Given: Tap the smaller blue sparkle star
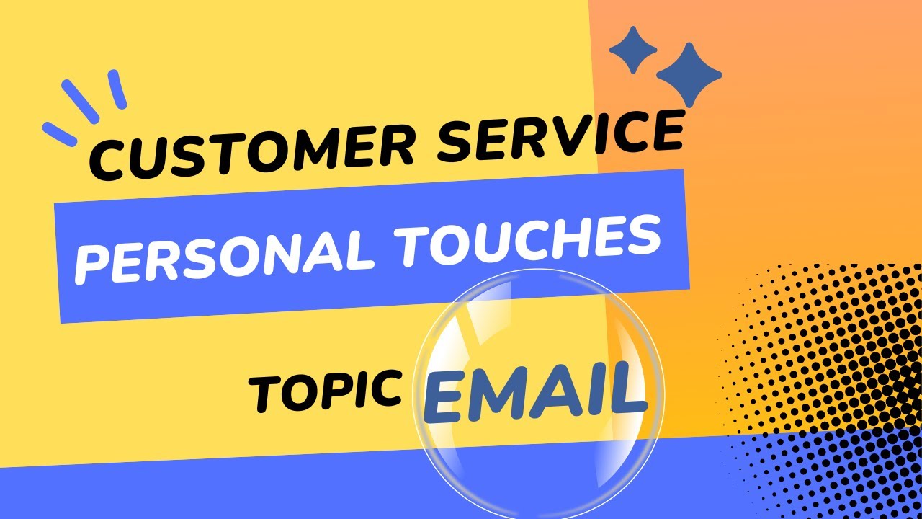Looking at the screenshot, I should click(633, 50).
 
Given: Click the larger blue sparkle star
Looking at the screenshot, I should click(689, 74).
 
